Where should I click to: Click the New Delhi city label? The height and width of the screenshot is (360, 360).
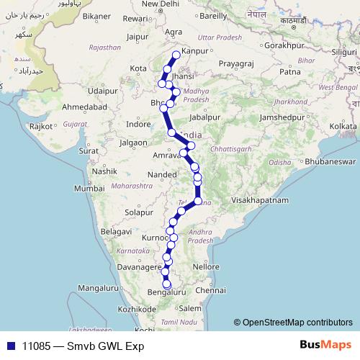pos(160,4)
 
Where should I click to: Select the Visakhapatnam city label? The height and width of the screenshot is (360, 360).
pos(259,199)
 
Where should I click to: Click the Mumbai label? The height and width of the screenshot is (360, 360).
pos(86,188)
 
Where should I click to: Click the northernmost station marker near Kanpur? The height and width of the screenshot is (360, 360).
pos(176,55)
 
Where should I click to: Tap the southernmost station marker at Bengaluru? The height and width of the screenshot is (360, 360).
pos(166,285)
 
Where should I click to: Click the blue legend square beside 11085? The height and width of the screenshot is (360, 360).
pos(10,346)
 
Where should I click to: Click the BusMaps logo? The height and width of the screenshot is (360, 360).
pos(325,346)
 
